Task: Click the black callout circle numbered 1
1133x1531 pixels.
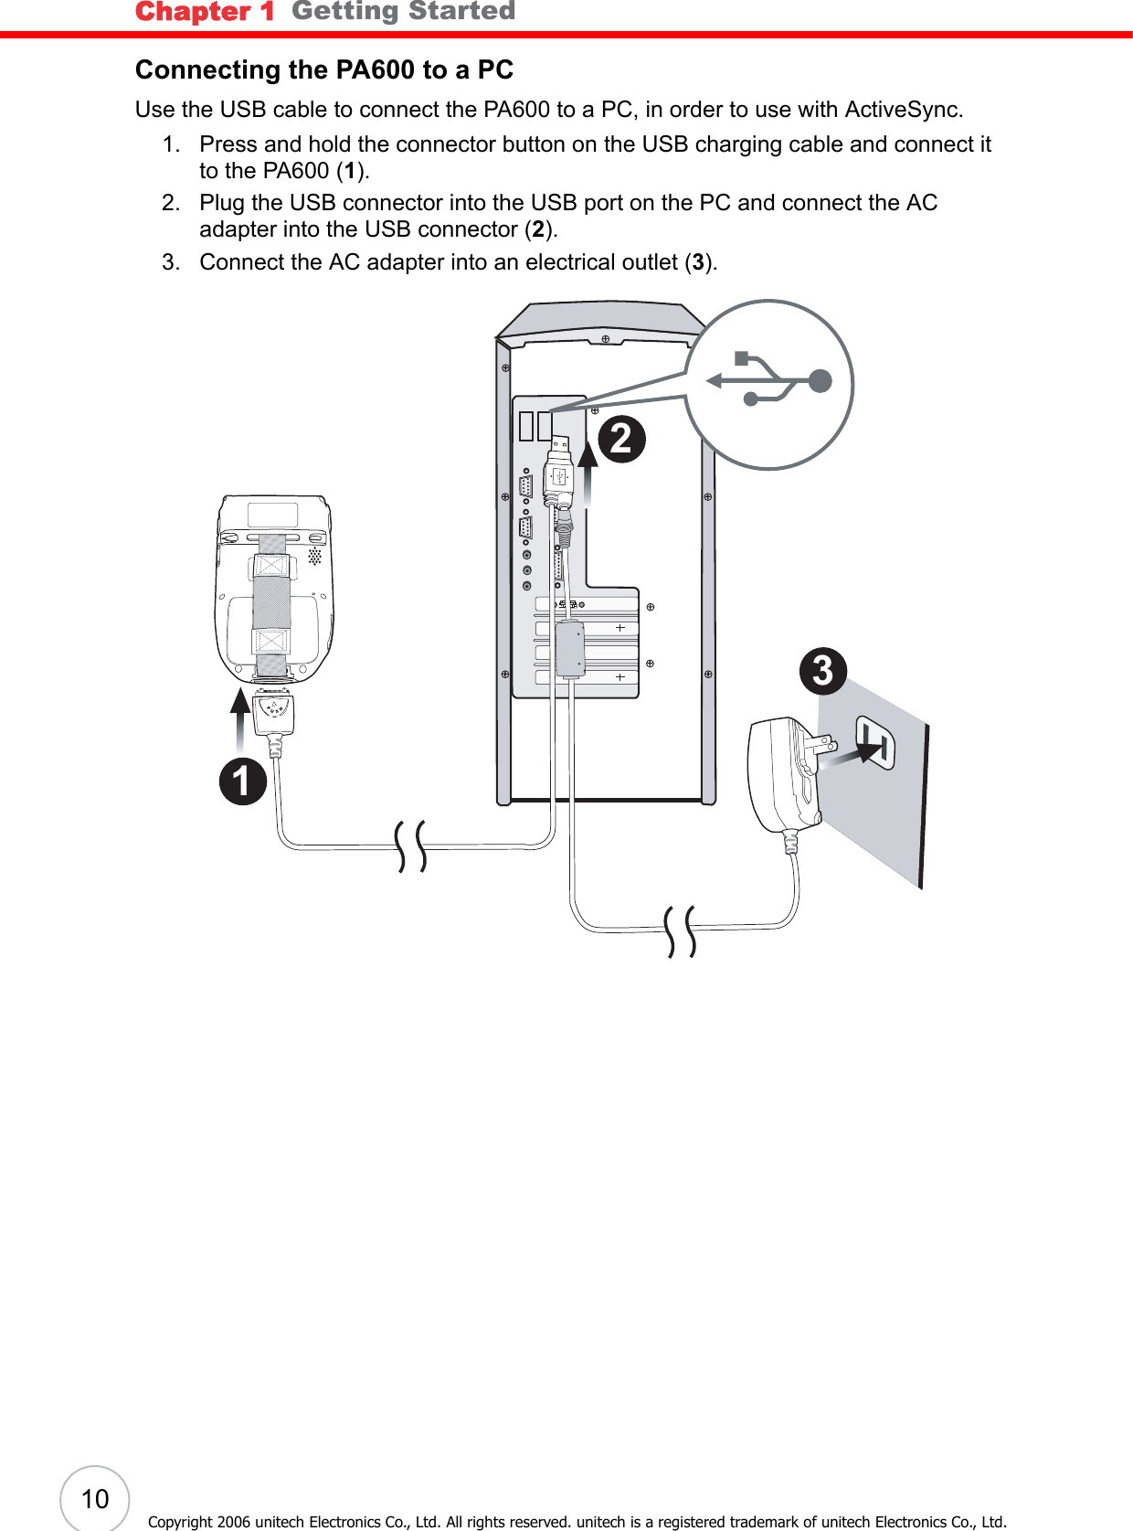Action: point(242,781)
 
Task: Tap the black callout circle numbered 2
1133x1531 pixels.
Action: point(621,439)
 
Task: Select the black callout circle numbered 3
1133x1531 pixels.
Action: point(822,671)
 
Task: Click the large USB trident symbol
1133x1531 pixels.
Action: point(772,380)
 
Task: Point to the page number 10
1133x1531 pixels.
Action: point(95,1499)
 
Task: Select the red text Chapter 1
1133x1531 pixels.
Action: point(204,12)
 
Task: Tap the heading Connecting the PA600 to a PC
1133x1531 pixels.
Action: point(324,69)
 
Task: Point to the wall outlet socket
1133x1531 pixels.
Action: point(874,741)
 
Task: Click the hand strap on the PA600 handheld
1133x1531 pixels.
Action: point(271,603)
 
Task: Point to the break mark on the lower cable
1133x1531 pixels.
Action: point(681,931)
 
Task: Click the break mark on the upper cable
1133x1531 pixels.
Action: point(411,845)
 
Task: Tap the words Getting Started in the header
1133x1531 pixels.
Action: point(403,11)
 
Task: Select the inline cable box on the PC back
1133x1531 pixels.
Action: point(570,649)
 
